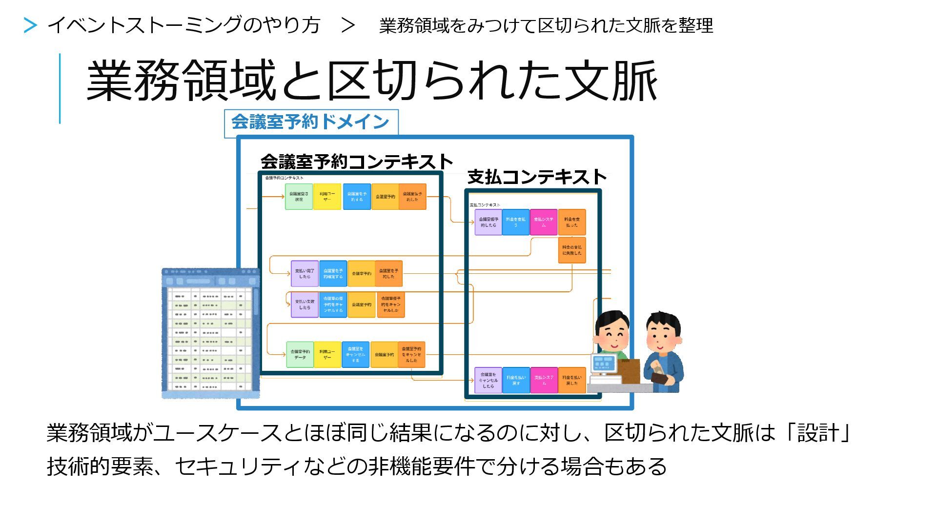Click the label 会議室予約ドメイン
310,122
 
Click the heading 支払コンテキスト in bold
537,177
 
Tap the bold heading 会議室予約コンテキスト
357,162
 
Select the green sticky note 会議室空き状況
299,197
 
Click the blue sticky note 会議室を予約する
357,197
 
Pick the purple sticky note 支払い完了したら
305,274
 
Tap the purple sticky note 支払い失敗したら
305,304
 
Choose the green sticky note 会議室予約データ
300,355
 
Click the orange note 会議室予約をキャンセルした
411,355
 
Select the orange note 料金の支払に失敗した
572,250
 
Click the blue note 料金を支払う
516,223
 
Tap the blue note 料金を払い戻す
516,381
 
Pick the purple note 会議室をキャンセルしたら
488,381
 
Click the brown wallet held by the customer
660,378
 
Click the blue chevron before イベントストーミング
30,25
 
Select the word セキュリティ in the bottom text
237,466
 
